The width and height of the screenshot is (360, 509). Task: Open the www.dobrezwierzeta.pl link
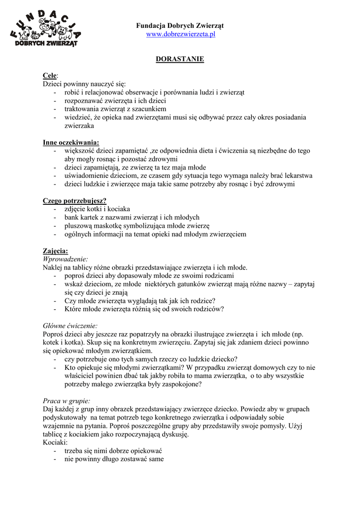(x=180, y=34)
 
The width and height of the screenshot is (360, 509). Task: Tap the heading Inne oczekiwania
(x=71, y=142)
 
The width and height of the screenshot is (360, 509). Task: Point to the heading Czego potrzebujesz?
(x=75, y=201)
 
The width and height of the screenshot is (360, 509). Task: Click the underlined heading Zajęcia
(x=55, y=251)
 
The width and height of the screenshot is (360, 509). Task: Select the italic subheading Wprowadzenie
(x=66, y=259)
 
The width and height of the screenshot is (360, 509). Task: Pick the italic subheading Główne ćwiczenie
(x=70, y=326)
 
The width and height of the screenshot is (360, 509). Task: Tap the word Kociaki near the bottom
(x=55, y=442)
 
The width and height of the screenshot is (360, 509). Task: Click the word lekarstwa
(x=295, y=176)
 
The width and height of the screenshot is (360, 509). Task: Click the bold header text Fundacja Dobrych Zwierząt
(x=180, y=25)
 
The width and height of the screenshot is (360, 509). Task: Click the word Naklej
(x=53, y=267)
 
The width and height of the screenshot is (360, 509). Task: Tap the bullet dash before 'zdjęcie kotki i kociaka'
(x=55, y=209)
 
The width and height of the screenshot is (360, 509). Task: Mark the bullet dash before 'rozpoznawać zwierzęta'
(x=55, y=101)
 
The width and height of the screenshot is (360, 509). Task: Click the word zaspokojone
(x=182, y=384)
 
